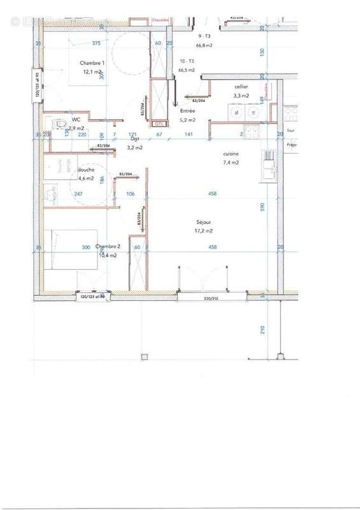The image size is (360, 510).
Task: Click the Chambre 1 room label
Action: (92, 63)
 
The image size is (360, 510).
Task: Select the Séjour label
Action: (205, 222)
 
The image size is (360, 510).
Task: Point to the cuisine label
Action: (231, 154)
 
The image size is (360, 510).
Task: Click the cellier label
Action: (240, 86)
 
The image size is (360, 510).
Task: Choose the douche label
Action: (85, 170)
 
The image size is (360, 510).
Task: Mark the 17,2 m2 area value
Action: (205, 231)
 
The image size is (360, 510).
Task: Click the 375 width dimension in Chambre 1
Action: (96, 43)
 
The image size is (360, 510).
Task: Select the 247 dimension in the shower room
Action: (78, 194)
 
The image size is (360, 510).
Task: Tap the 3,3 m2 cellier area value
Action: (240, 95)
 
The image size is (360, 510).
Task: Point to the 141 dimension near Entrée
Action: (189, 135)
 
